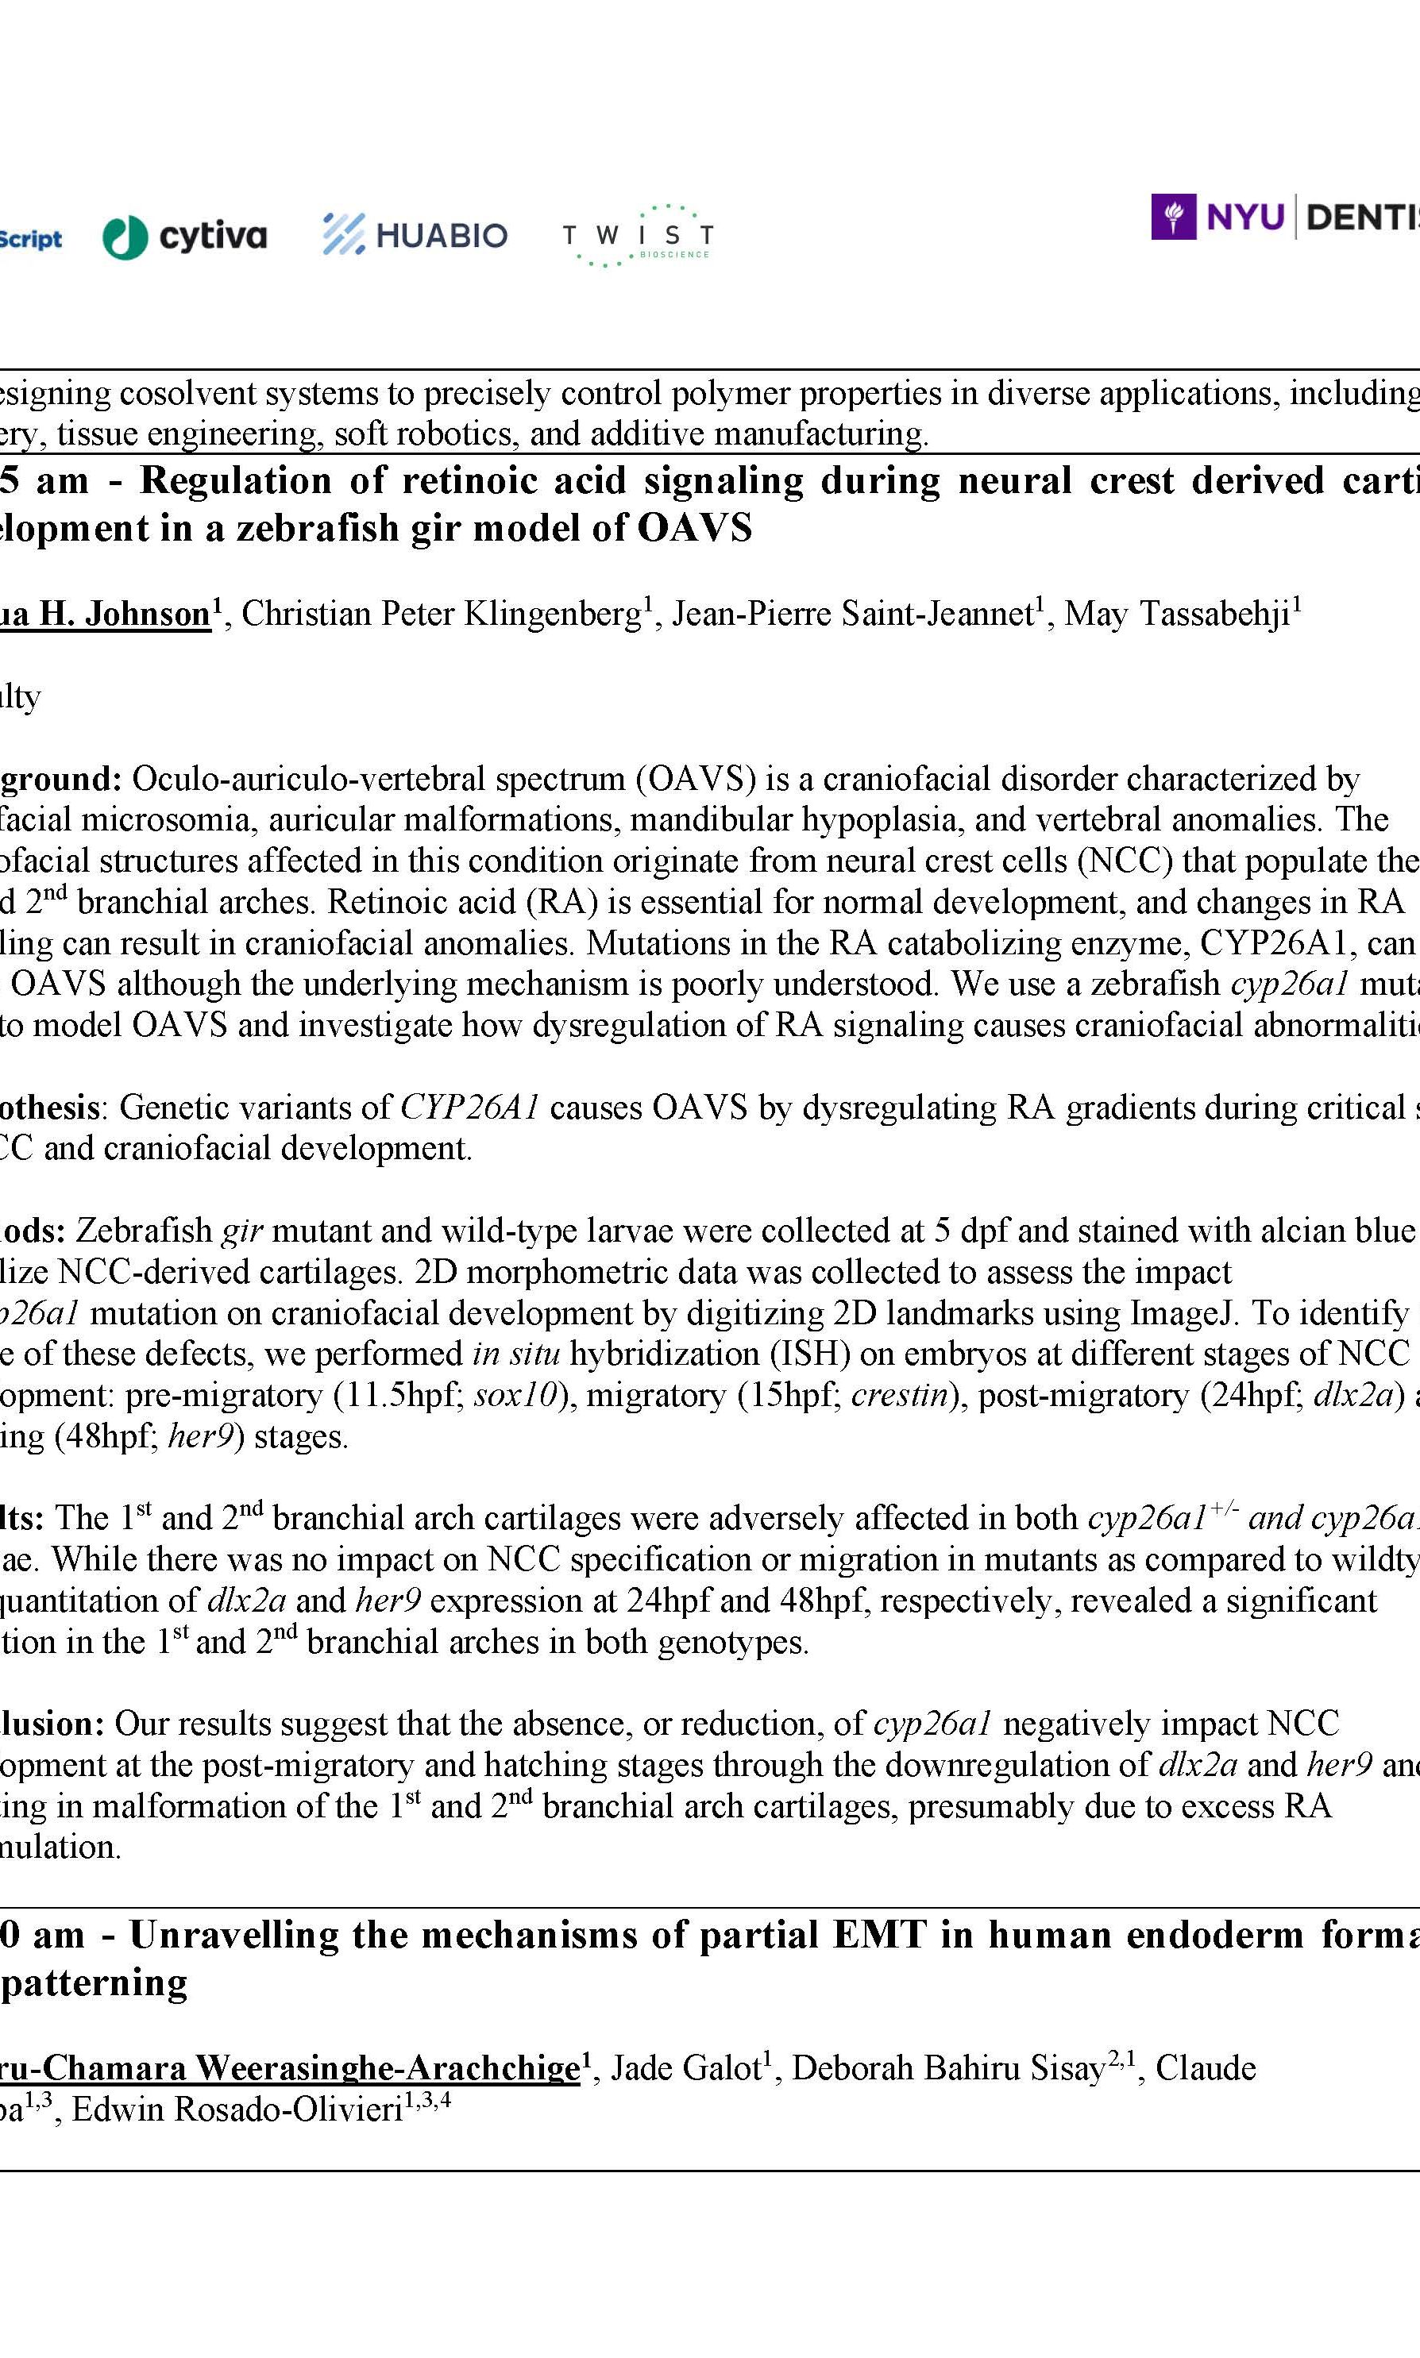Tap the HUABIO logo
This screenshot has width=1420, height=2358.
[415, 234]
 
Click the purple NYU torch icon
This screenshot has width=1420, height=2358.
[1173, 218]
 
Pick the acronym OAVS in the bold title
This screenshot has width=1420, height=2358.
[695, 528]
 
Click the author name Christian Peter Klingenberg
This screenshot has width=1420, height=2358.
[441, 613]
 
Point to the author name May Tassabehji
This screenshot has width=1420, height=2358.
[1176, 613]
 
